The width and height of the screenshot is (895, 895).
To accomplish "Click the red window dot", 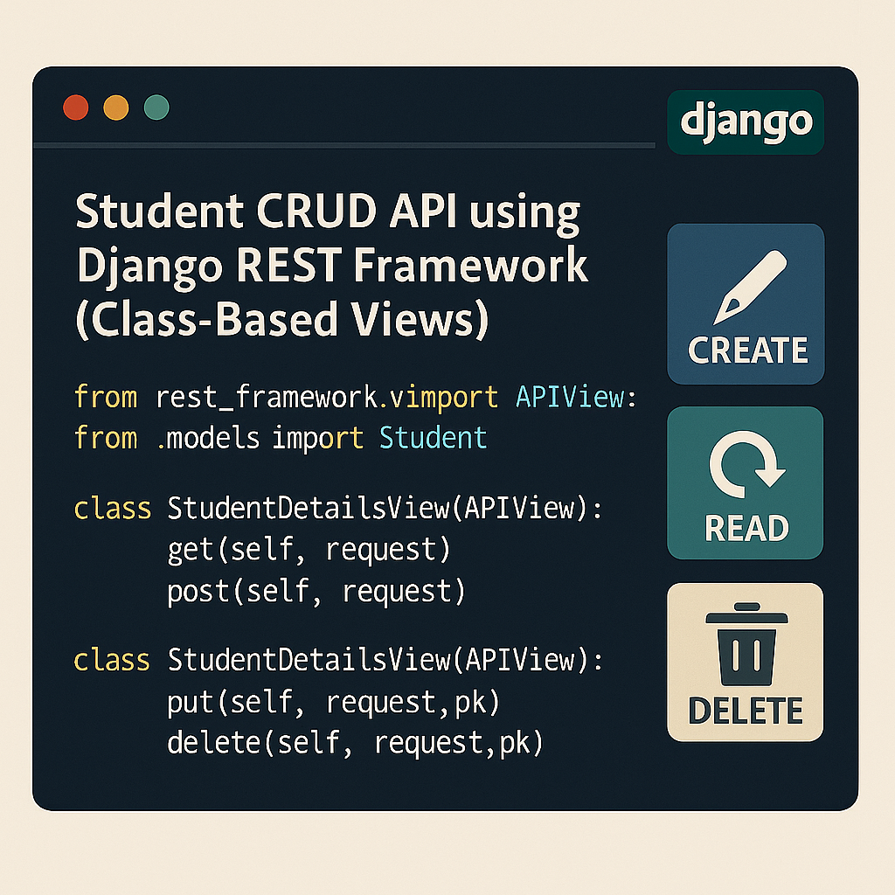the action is (x=76, y=108).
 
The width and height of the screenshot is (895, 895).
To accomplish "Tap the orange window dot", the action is (x=116, y=108).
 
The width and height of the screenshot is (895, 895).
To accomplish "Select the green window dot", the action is (x=156, y=108).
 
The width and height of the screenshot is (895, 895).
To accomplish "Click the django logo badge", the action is (x=746, y=122).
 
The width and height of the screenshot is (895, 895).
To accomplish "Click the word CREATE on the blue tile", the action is (x=747, y=350).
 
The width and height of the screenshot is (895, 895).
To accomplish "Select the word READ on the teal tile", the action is (x=746, y=528).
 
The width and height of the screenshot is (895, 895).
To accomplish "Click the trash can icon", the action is (x=746, y=645).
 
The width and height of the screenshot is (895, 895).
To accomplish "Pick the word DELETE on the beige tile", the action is (x=746, y=711).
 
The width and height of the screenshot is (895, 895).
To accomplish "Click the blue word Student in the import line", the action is (x=433, y=437).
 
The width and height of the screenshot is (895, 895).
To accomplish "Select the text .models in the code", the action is (x=208, y=437).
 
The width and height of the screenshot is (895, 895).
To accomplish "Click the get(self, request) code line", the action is (x=308, y=550).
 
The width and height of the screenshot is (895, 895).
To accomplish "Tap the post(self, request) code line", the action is (x=316, y=592).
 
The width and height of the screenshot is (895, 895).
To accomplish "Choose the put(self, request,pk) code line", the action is (x=332, y=702).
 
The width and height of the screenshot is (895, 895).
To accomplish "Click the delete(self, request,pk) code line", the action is (x=355, y=744).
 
